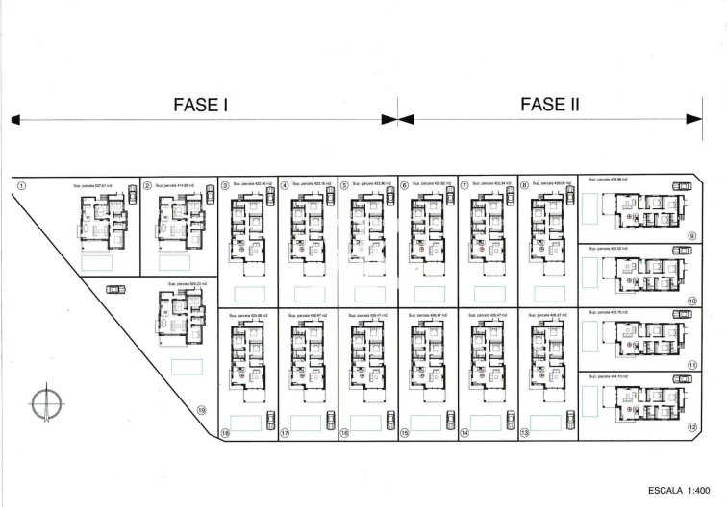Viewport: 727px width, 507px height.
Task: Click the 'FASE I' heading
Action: click(199, 106)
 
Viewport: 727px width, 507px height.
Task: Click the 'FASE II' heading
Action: click(548, 106)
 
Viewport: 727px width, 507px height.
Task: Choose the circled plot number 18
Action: click(225, 433)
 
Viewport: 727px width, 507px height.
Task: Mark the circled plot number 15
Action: click(405, 433)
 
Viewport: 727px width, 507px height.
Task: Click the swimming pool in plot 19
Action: click(185, 366)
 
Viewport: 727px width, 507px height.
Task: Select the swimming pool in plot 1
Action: click(96, 261)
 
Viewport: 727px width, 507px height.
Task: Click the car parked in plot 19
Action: click(117, 287)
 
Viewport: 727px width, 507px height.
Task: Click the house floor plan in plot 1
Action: click(100, 220)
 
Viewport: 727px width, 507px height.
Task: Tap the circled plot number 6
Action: click(405, 186)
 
